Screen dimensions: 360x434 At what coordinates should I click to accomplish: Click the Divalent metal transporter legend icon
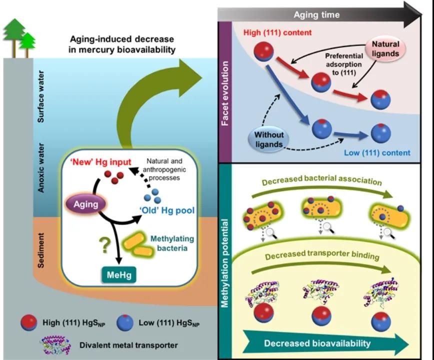coord(54,344)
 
